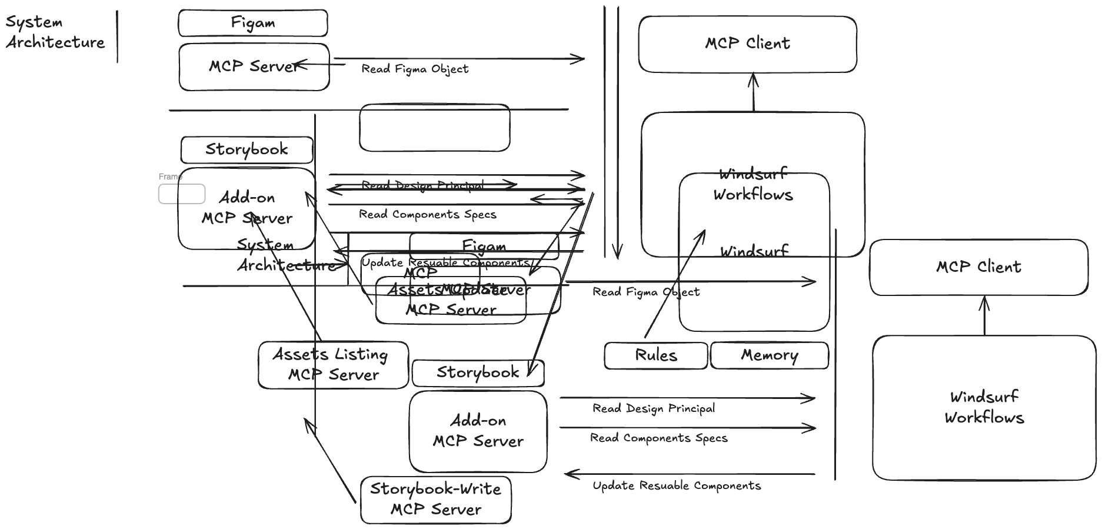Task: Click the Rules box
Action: pos(655,355)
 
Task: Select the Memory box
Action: pos(769,355)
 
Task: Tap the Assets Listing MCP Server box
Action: pos(333,365)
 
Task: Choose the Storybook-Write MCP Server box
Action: pos(435,500)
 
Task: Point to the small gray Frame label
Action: pos(170,177)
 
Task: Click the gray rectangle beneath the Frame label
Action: pos(182,194)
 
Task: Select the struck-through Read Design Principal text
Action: pos(422,185)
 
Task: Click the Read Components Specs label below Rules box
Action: pos(658,438)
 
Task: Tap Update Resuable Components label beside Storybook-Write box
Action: pos(676,486)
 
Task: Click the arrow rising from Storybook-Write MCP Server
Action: pos(329,459)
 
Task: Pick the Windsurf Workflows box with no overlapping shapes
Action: pos(984,407)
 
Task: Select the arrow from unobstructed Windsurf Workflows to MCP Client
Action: pos(984,315)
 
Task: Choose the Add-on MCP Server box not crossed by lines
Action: pos(478,431)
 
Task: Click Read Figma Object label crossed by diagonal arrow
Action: pos(645,292)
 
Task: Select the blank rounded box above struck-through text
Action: pos(434,128)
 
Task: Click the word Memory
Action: pos(769,355)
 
